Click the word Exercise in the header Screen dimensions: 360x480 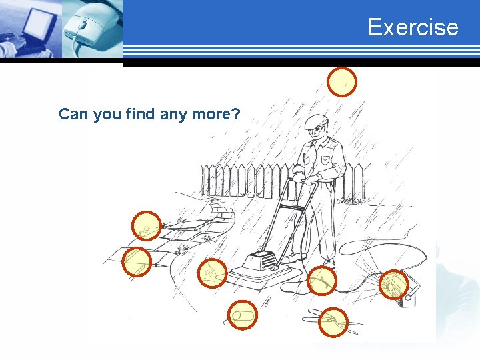pos(413,27)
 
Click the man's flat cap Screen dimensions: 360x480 pos(316,121)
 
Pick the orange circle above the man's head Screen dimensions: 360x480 pos(342,82)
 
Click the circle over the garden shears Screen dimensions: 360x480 pos(333,323)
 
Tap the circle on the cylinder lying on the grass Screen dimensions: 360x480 pos(243,315)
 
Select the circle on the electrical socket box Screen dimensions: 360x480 pos(393,285)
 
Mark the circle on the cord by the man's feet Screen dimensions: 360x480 pos(321,281)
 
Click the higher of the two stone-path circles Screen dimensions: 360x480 pos(147,226)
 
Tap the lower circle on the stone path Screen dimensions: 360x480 pos(137,261)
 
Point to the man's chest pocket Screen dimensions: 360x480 pos(325,160)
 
